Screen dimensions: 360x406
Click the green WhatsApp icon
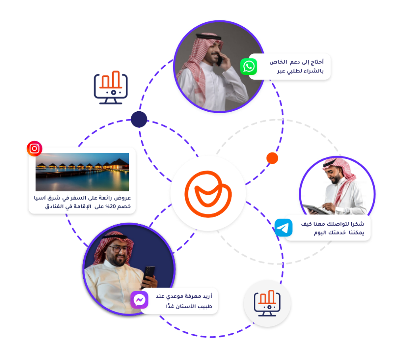pos(249,67)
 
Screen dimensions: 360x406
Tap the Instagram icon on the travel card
pos(34,149)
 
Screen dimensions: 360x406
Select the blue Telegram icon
pos(283,228)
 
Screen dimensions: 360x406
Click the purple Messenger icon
pos(139,300)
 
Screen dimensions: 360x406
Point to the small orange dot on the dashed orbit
pos(272,158)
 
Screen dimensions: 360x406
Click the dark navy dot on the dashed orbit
pos(139,119)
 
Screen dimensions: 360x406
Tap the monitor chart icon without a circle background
pos(111,88)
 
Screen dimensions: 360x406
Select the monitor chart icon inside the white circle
pos(267,303)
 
